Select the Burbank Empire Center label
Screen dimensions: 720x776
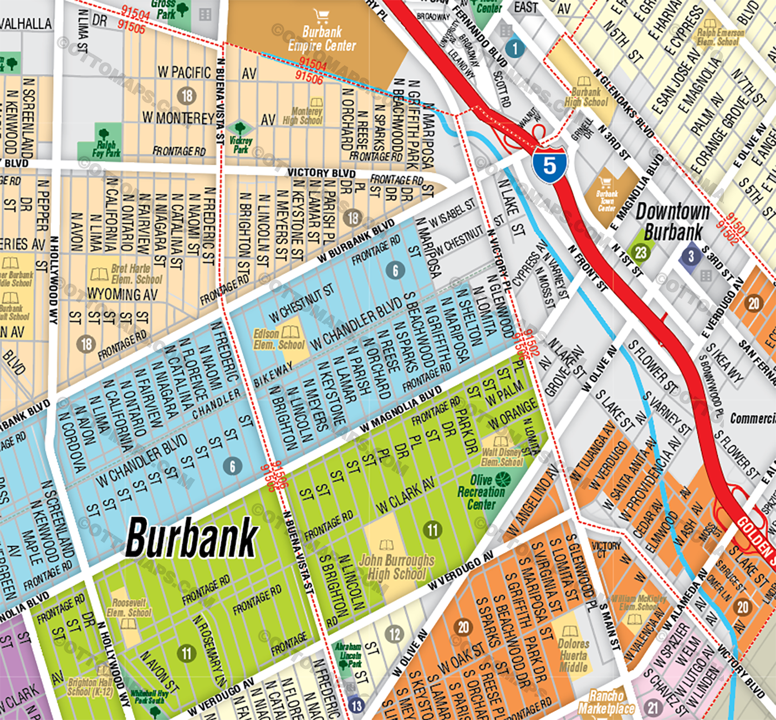pos(321,39)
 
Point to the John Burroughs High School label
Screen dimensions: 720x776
pos(396,567)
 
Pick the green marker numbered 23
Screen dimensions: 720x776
pos(641,253)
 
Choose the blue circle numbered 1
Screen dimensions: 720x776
pos(515,48)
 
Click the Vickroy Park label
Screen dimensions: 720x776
pos(241,145)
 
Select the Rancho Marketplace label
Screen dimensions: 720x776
pos(606,702)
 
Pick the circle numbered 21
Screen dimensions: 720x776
pos(653,707)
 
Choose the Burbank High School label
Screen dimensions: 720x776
pos(586,97)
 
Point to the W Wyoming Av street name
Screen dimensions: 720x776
pos(122,294)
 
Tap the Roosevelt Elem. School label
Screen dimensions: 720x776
pos(129,607)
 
